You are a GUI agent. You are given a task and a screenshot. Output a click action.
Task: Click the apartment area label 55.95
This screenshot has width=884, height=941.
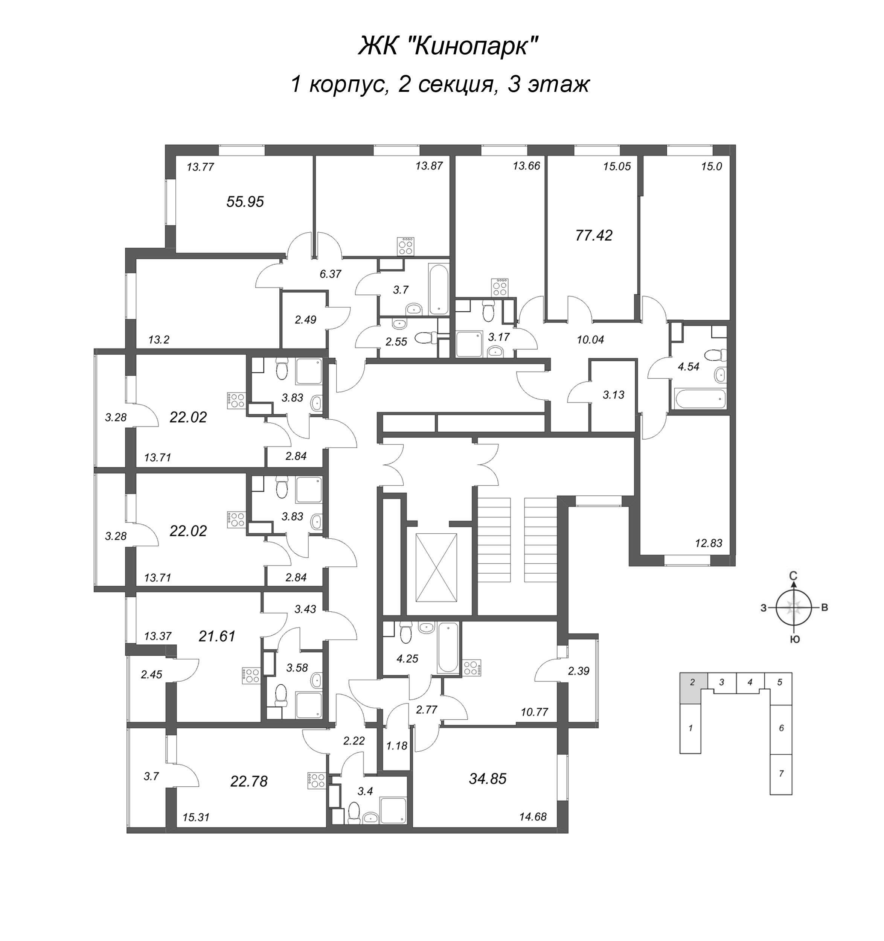coord(245,202)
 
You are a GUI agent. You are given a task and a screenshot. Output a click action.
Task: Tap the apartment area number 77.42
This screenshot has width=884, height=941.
coord(594,235)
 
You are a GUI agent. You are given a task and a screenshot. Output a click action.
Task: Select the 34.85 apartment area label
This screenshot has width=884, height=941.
coord(488,779)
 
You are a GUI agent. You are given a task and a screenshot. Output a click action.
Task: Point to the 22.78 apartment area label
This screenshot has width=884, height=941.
coord(249,781)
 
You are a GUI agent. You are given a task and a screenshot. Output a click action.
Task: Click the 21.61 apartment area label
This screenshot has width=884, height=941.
coord(217,636)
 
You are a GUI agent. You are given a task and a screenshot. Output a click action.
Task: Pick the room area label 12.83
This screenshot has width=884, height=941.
coord(709,543)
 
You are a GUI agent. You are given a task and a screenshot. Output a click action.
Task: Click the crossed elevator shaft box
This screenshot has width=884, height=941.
coord(436,568)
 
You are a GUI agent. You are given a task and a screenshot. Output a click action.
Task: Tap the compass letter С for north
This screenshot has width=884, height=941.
coord(793,576)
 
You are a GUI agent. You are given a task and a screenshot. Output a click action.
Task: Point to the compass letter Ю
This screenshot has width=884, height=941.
coord(796,640)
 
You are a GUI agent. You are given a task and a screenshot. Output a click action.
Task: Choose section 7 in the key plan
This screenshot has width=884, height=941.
coord(781,774)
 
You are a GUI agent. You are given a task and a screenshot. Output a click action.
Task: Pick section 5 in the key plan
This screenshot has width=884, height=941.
coord(779,682)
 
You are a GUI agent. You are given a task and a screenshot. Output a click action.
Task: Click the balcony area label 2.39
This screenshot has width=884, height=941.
coord(578,670)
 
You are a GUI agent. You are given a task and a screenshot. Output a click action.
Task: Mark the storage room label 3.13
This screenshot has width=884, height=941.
coord(613,395)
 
